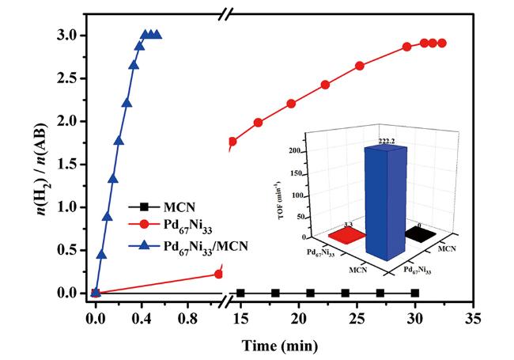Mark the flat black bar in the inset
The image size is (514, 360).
click(420, 234)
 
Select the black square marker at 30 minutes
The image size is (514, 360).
click(415, 293)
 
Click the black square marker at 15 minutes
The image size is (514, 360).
click(240, 293)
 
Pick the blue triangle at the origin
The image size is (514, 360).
click(96, 292)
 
